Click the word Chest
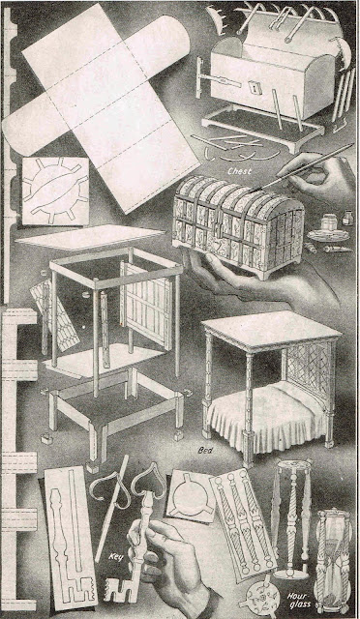pos(239,172)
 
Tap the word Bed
pos(205,451)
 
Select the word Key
pos(115,557)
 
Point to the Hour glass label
pos(300,600)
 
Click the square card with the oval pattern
pos(55,192)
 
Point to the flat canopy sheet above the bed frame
pos(90,237)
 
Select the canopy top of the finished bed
pos(272,331)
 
